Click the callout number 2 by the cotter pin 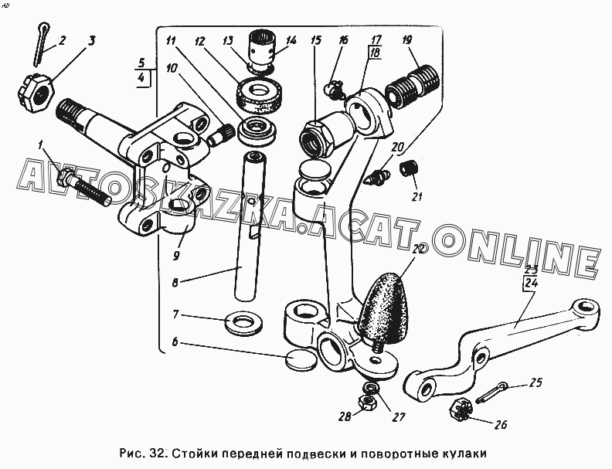62,39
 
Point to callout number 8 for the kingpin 176,283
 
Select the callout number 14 291,39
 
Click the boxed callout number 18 375,53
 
